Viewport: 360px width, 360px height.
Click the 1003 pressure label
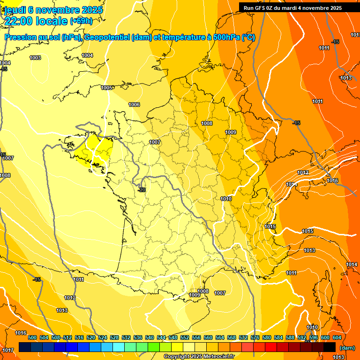tap(35, 58)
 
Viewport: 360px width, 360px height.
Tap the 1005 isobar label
tap(106, 88)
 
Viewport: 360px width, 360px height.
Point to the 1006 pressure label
tap(134, 105)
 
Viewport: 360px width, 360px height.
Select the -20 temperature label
tap(142, 190)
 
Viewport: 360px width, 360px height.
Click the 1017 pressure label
tap(8, 351)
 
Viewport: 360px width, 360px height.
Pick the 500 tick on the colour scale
tap(32, 337)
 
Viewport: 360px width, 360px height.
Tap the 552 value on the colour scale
tap(185, 337)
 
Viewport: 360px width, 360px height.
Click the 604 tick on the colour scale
tap(337, 337)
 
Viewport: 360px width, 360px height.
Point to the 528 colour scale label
tap(114, 337)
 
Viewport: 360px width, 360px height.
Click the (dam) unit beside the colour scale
tap(347, 348)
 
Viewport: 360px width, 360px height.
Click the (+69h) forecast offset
tap(82, 21)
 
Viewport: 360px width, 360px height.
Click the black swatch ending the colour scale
tap(330, 347)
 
